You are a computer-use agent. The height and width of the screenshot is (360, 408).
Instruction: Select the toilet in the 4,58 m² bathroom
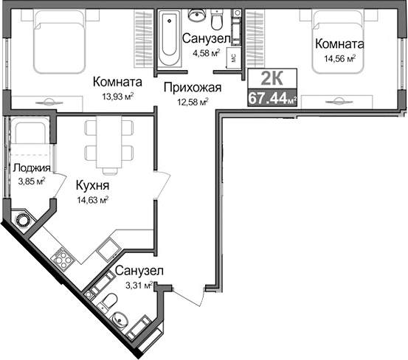click(x=217, y=15)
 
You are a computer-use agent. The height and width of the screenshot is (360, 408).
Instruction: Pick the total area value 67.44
click(x=269, y=98)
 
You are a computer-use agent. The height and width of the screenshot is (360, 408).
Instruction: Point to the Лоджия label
click(x=26, y=168)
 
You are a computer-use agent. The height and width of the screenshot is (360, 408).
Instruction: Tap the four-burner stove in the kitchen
click(x=63, y=258)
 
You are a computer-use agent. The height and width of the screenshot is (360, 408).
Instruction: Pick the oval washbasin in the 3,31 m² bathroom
click(x=122, y=322)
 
